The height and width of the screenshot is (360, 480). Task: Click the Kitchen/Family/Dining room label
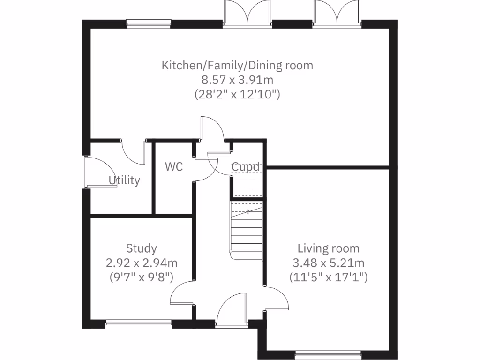tap(237, 65)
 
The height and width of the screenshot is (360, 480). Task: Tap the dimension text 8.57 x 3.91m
tap(237, 80)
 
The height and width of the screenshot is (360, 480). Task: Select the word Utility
tap(124, 180)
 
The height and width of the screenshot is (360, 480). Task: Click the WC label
tap(173, 166)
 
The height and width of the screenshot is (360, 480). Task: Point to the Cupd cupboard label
tap(246, 167)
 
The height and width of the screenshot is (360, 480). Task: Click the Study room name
tap(142, 248)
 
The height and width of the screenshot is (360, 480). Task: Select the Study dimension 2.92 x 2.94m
tap(142, 262)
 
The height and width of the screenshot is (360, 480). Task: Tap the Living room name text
tap(329, 248)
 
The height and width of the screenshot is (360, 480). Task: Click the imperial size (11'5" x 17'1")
tap(329, 277)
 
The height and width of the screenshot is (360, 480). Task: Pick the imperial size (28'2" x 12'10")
tap(237, 94)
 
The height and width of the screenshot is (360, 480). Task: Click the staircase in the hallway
tap(246, 230)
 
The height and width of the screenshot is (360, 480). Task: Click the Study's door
tap(182, 293)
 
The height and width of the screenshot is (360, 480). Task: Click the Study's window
tap(138, 323)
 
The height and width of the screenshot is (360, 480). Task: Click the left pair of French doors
tap(247, 13)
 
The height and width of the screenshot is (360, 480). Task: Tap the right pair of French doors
tap(337, 13)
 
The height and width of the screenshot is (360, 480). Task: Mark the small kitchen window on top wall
tap(149, 23)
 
